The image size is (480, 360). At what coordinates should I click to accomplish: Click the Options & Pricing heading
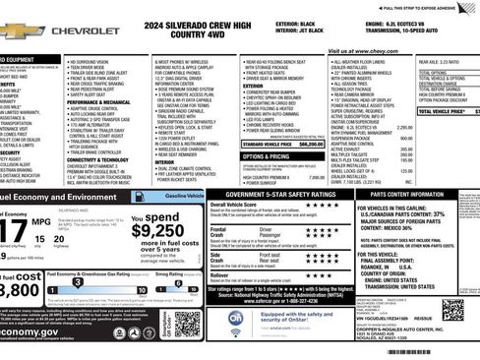(x=267, y=156)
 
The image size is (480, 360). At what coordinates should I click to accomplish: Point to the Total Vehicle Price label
(x=440, y=112)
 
